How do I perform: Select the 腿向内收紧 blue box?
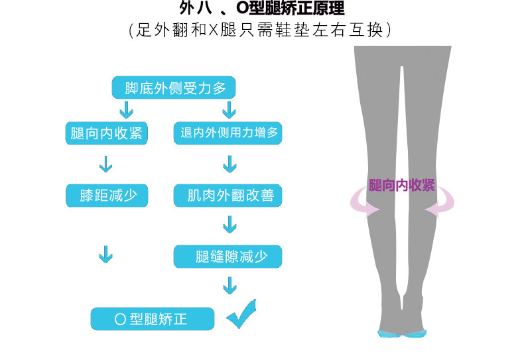click(106, 133)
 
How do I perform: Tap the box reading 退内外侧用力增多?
click(229, 133)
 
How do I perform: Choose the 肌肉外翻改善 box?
click(229, 196)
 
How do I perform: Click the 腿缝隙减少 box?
click(228, 257)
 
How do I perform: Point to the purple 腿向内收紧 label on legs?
click(402, 185)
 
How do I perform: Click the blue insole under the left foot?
click(391, 333)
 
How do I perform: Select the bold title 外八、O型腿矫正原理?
click(262, 10)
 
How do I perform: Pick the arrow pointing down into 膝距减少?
click(105, 163)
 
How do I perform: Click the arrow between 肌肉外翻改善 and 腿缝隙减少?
click(229, 225)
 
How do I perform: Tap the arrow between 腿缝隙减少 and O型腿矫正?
click(229, 285)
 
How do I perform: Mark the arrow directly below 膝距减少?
click(105, 254)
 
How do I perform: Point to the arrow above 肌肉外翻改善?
click(229, 163)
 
